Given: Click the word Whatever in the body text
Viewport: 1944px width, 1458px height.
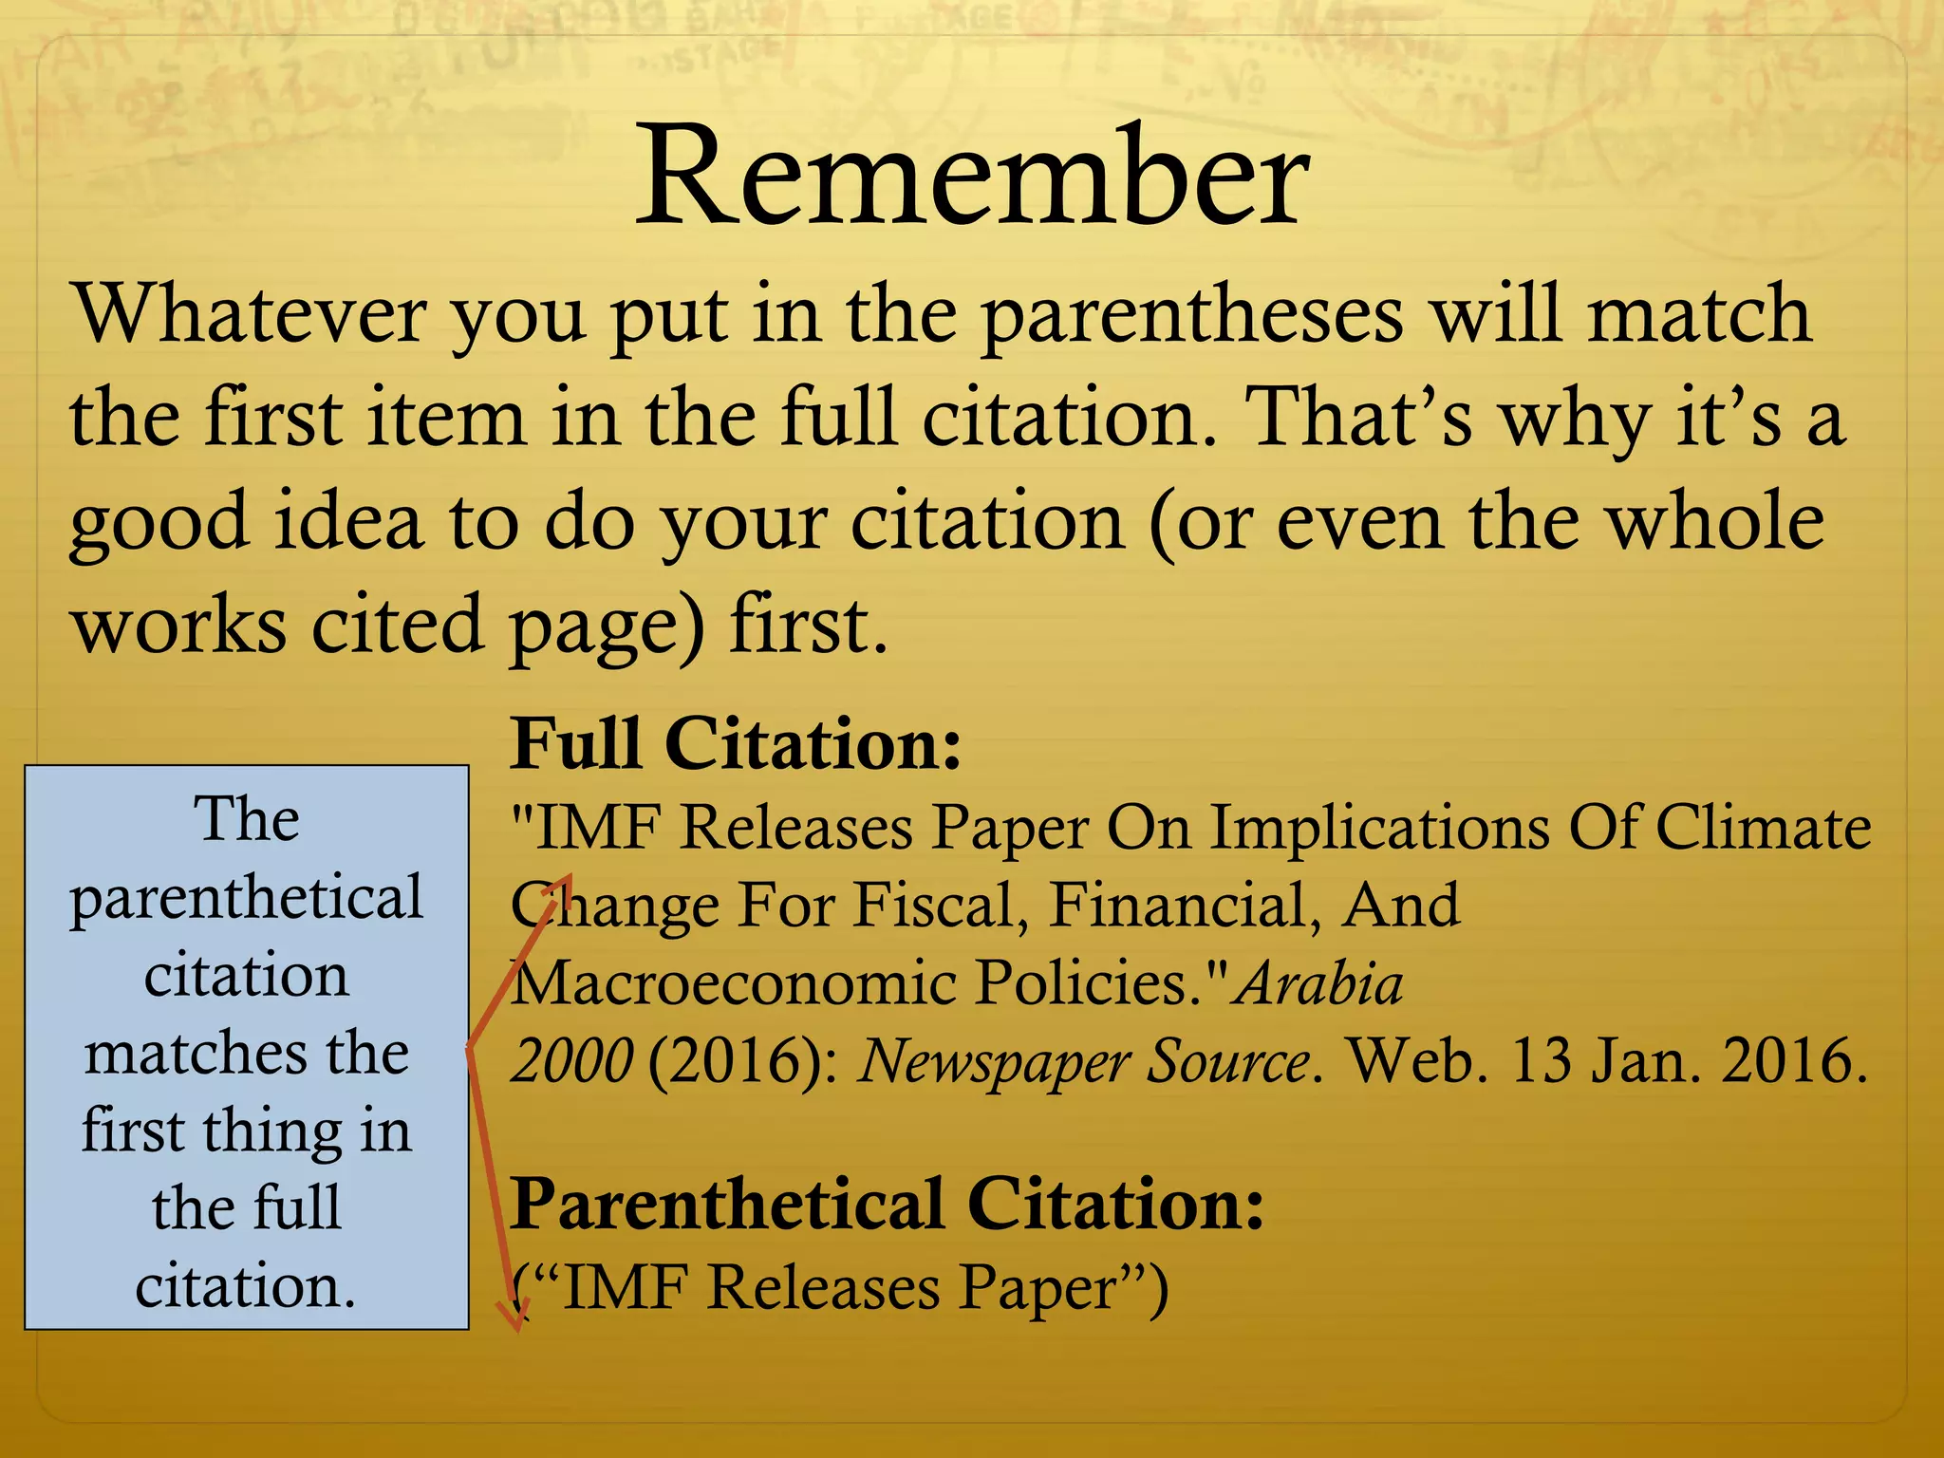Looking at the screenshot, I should pos(249,315).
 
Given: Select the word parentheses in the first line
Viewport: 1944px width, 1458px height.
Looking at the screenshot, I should pos(1190,317).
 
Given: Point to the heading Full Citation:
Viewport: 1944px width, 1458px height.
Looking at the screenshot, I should pos(736,743).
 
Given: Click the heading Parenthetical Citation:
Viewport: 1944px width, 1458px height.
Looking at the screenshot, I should pos(888,1204).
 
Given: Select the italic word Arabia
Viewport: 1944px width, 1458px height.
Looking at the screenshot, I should pos(1319,982).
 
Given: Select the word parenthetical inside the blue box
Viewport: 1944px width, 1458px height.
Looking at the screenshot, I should pos(247,897).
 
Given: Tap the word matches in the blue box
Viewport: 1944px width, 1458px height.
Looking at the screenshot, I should pos(195,1053).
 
